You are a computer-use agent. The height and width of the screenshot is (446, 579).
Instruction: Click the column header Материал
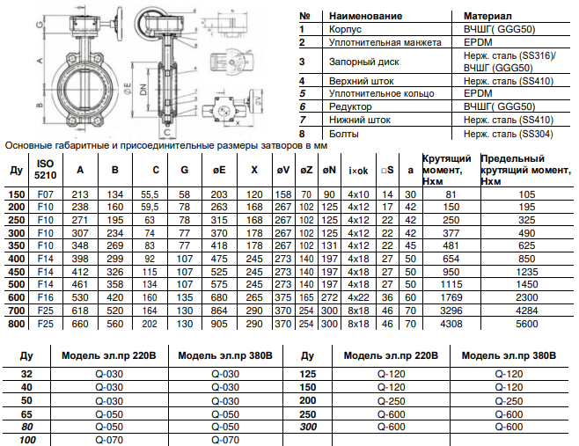point(488,17)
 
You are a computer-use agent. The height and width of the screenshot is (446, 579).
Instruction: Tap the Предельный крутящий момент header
point(524,166)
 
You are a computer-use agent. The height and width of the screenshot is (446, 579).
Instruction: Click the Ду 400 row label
point(16,260)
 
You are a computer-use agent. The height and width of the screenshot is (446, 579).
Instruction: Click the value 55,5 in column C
point(150,194)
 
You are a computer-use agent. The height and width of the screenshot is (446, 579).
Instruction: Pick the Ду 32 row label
point(27,373)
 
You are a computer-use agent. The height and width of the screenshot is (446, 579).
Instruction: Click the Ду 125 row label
point(307,373)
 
